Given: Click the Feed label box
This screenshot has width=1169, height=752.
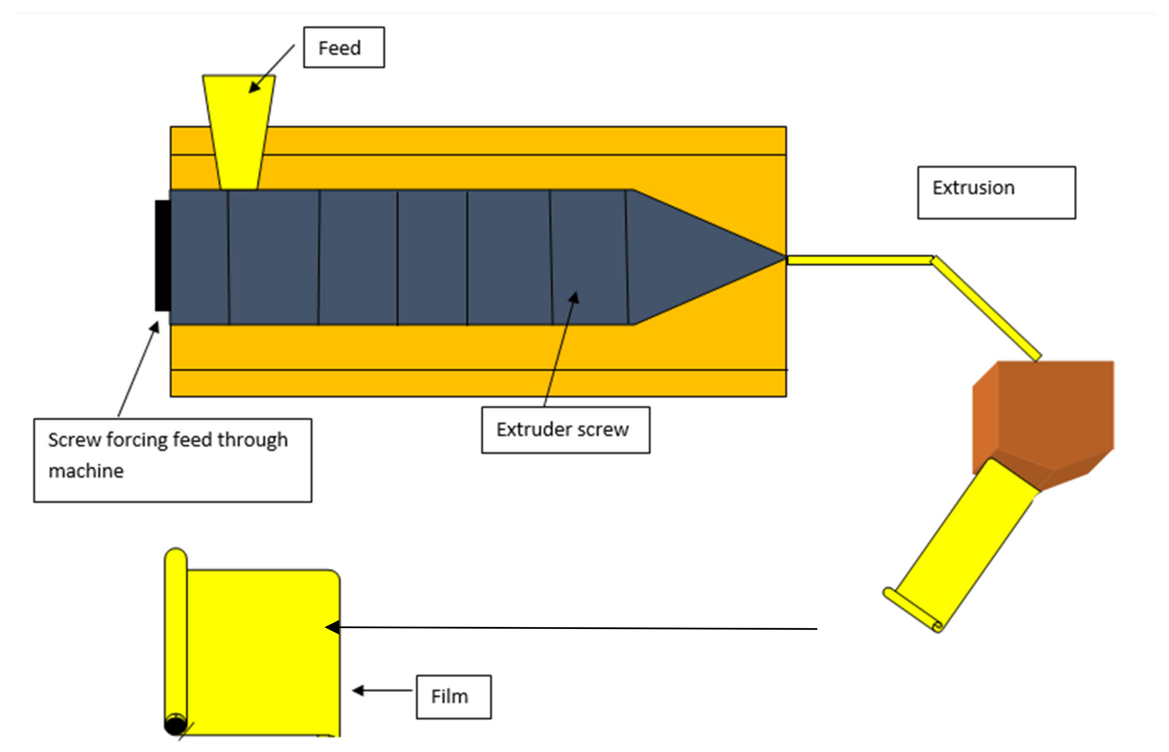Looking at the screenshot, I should coord(344,47).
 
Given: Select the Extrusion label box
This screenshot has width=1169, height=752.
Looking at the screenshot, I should coord(996,193).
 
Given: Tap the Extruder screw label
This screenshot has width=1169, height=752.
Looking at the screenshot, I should coord(565,430).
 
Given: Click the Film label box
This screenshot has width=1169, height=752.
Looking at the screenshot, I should coord(453,697).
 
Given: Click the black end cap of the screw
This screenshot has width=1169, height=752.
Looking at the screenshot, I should coord(162,255).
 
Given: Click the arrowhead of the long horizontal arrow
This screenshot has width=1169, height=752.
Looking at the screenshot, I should coord(333,627).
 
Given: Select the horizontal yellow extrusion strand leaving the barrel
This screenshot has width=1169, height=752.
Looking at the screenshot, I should coord(859,260).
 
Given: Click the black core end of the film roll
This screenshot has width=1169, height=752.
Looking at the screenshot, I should coord(175,725).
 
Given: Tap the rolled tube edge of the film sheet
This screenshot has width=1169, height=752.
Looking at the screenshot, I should coord(176,635).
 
